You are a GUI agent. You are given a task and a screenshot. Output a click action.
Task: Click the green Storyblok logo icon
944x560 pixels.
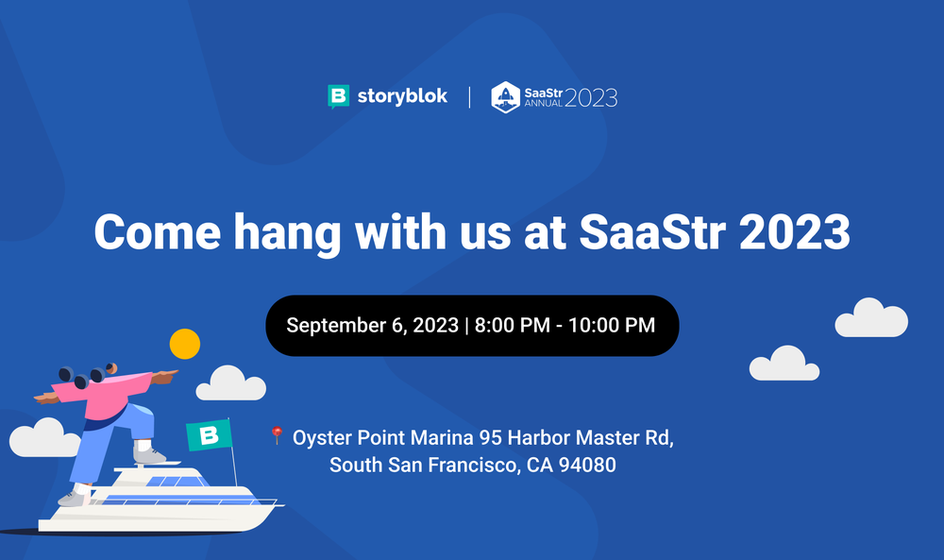pyautogui.click(x=338, y=96)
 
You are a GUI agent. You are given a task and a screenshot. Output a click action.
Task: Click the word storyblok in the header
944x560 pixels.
pyautogui.click(x=401, y=96)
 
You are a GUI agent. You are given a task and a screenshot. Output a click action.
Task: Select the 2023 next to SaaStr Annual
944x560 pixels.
pyautogui.click(x=591, y=96)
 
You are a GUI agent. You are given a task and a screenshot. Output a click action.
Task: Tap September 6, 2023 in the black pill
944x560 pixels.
pyautogui.click(x=372, y=326)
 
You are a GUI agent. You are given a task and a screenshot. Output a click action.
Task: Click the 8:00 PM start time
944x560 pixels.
pyautogui.click(x=514, y=326)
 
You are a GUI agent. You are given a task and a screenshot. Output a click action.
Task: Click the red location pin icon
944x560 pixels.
pyautogui.click(x=277, y=435)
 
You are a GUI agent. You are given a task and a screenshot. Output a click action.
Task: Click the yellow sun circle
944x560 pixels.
pyautogui.click(x=184, y=344)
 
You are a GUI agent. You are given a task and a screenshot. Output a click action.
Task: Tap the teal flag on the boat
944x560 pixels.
pyautogui.click(x=209, y=434)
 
